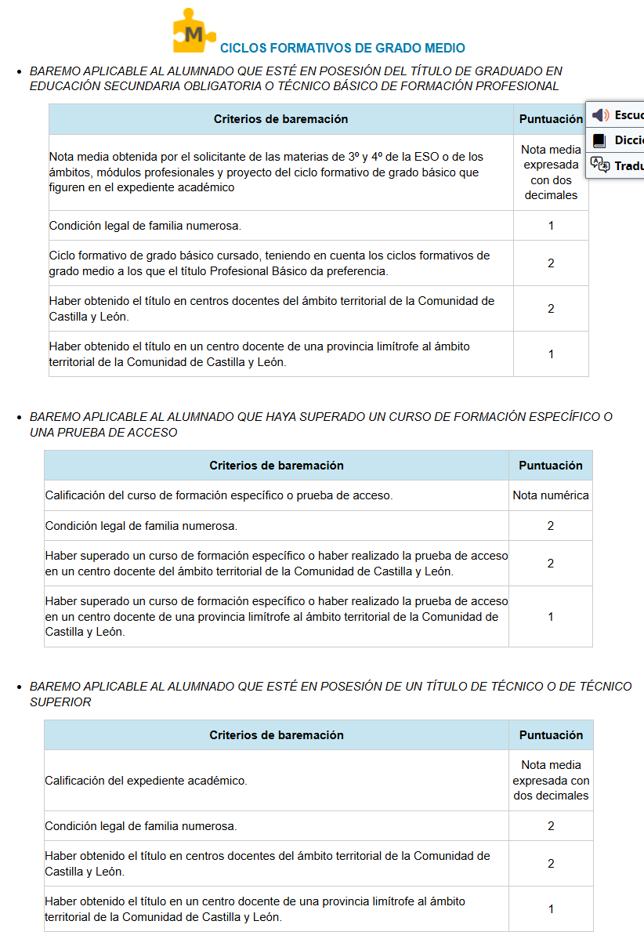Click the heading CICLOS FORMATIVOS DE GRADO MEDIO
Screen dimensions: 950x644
click(342, 49)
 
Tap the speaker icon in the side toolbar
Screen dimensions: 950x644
click(600, 115)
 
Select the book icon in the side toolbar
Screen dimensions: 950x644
click(600, 140)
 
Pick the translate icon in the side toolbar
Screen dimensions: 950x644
click(600, 165)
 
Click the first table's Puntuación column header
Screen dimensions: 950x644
click(551, 119)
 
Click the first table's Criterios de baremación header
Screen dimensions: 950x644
click(280, 119)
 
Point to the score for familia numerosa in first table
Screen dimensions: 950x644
click(551, 226)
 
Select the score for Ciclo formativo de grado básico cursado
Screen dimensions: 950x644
click(551, 263)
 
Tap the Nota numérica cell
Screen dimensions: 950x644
click(551, 495)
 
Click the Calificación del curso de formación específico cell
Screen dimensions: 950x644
click(219, 495)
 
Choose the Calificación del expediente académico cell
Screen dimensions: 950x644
click(146, 781)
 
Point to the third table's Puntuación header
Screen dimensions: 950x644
click(551, 735)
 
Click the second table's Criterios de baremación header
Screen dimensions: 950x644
click(277, 466)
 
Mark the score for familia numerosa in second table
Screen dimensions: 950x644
click(551, 526)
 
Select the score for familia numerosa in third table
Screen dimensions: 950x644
click(551, 826)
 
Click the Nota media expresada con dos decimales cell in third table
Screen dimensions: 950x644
click(551, 780)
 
